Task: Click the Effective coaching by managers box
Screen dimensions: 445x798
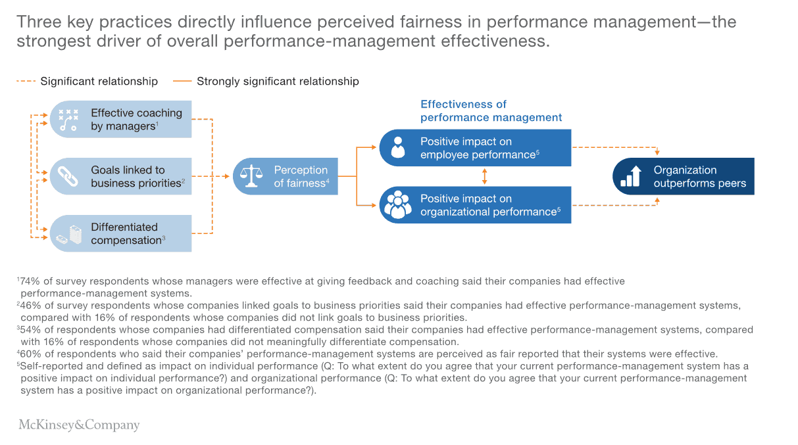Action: point(121,120)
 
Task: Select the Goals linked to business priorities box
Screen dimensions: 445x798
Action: point(121,176)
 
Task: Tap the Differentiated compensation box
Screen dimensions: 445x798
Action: point(121,233)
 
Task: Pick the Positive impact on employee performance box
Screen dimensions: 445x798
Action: point(475,148)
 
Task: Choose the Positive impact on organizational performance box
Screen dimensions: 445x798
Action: point(475,205)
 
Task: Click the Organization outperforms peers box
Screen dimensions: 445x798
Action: point(683,176)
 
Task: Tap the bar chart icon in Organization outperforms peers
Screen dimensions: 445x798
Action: point(630,176)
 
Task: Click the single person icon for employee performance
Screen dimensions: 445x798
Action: point(397,148)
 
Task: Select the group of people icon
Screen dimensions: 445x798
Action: point(397,205)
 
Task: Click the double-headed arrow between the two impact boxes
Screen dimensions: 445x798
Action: point(485,176)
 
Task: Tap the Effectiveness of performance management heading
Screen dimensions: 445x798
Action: point(491,111)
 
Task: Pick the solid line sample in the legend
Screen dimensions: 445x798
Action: point(182,82)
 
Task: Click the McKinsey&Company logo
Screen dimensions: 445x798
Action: point(79,425)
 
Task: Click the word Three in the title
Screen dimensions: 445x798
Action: point(39,22)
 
